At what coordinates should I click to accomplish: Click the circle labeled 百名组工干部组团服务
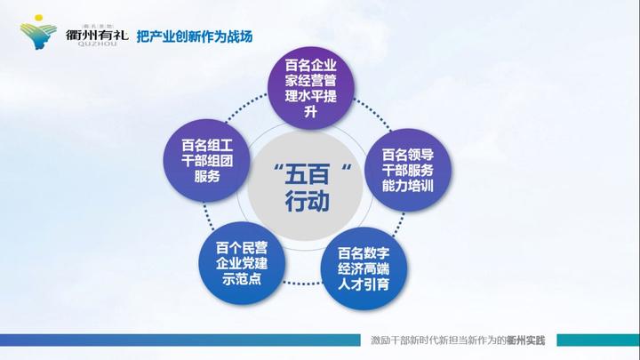206,160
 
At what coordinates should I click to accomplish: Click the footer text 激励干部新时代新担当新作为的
436,340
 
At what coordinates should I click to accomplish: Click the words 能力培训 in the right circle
407,186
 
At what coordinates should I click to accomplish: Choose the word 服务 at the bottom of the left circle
206,176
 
